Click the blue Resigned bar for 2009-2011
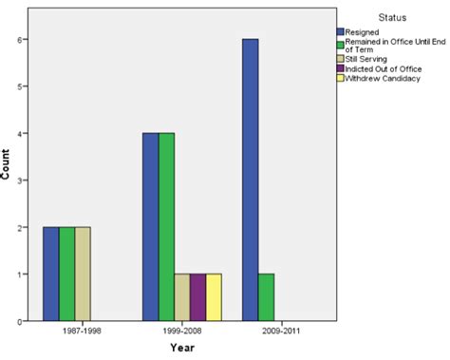250,180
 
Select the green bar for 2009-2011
266,297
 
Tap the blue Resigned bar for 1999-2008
150,227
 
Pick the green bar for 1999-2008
166,227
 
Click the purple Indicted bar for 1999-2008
198,297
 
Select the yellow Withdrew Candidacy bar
215,297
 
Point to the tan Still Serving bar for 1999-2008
182,297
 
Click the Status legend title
392,16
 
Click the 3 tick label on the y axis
24,180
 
